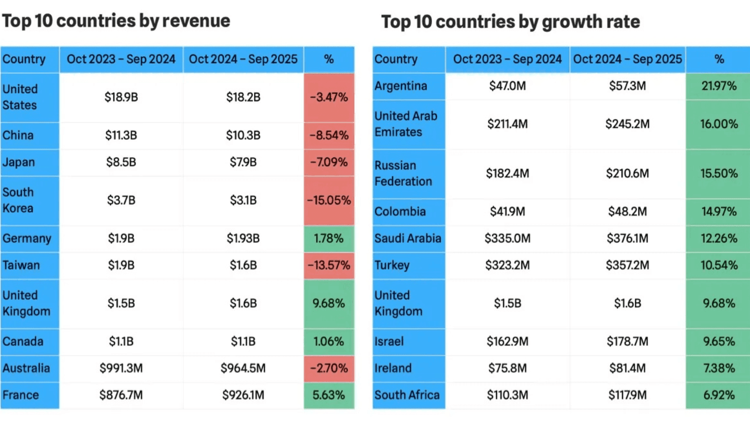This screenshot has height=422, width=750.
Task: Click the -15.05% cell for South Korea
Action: click(329, 200)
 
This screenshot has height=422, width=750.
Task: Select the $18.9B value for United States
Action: click(121, 97)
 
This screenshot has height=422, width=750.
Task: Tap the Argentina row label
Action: click(401, 86)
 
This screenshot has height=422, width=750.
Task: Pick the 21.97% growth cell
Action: click(719, 86)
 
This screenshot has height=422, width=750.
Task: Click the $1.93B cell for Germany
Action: click(243, 238)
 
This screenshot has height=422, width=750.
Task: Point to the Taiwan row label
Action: click(21, 265)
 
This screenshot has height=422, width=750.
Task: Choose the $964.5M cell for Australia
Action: click(243, 368)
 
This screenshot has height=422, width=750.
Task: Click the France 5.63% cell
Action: click(329, 395)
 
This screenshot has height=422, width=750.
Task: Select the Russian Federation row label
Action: click(403, 173)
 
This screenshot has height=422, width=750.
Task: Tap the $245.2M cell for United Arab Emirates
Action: click(627, 124)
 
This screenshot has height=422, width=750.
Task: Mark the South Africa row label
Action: click(407, 395)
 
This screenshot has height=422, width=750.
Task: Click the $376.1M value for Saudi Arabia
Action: click(627, 238)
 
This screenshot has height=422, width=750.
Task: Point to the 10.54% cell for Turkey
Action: click(719, 265)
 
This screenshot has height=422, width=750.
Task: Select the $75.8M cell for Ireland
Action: click(507, 368)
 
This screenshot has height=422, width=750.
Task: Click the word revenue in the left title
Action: click(196, 21)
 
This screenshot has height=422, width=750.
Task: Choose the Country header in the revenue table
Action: click(24, 59)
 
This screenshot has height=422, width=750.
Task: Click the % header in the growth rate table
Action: click(719, 59)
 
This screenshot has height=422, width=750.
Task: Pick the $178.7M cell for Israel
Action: click(627, 342)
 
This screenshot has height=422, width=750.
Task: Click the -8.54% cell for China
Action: click(329, 136)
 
